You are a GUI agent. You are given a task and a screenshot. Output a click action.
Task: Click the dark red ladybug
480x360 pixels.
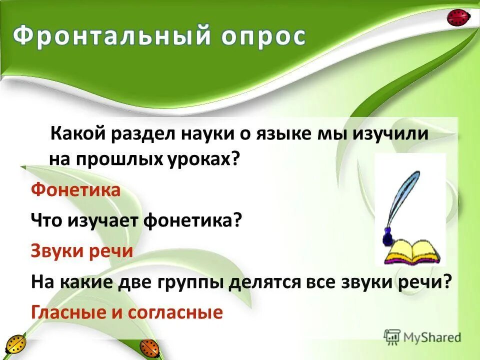coord(458,18)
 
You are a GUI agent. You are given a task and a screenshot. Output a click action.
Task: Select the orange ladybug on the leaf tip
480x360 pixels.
coord(148,347)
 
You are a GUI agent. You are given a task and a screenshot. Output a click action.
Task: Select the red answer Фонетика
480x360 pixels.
coord(75,190)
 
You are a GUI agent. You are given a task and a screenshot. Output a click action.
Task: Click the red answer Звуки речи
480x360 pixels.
coord(82,250)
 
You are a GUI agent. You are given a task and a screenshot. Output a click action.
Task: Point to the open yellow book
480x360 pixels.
coord(413,252)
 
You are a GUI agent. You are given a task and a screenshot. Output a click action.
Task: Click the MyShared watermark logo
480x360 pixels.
coord(422,337)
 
